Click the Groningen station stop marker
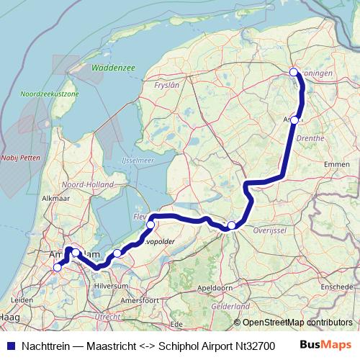(x=294, y=71)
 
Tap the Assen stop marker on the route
(x=295, y=120)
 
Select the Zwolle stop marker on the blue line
(x=231, y=226)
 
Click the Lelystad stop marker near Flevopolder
(x=150, y=225)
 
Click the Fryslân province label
(x=166, y=85)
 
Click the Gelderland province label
(x=230, y=306)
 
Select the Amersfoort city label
(x=139, y=300)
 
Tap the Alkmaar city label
(x=55, y=197)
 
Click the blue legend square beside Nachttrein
(x=8, y=345)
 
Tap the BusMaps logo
(x=325, y=344)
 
